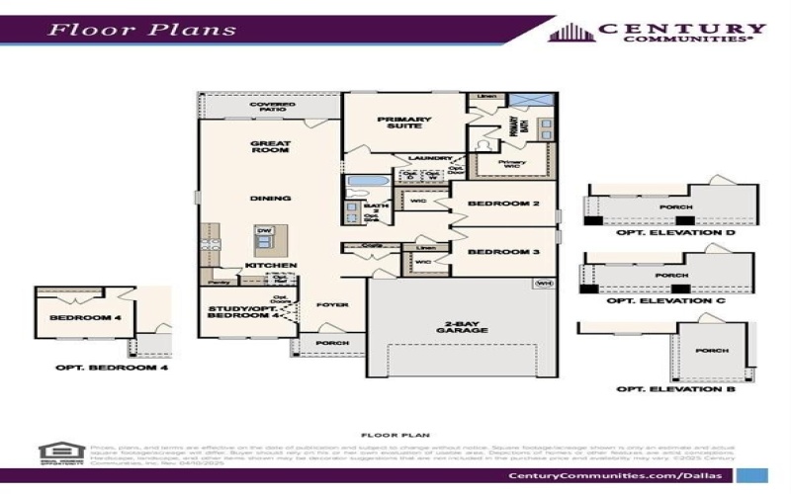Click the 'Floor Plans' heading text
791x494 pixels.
tap(144, 28)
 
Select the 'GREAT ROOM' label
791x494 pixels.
tap(269, 147)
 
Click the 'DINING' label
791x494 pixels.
tap(270, 199)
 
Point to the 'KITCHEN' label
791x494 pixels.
tap(271, 266)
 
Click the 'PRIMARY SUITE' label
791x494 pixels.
tap(400, 123)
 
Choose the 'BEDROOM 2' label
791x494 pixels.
tap(502, 205)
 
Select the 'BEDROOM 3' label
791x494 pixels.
tap(502, 252)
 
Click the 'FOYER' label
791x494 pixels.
tap(332, 305)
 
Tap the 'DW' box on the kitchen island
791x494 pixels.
tap(264, 231)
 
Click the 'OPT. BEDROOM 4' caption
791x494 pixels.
tap(111, 368)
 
